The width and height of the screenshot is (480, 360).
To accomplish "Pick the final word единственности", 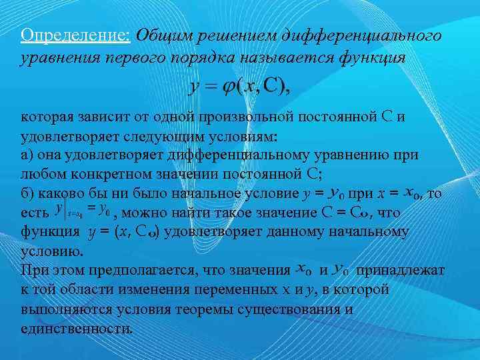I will coord(77,329).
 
